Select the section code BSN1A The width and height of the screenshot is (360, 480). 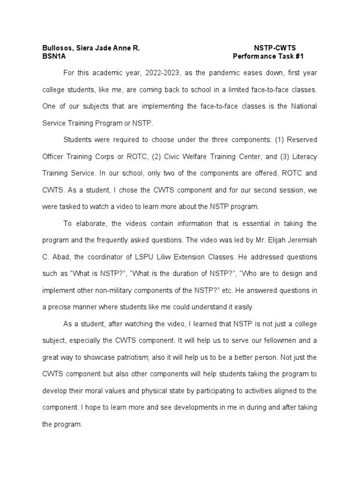52,57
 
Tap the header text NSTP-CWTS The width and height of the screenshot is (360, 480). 275,48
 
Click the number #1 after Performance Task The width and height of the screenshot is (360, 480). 299,57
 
